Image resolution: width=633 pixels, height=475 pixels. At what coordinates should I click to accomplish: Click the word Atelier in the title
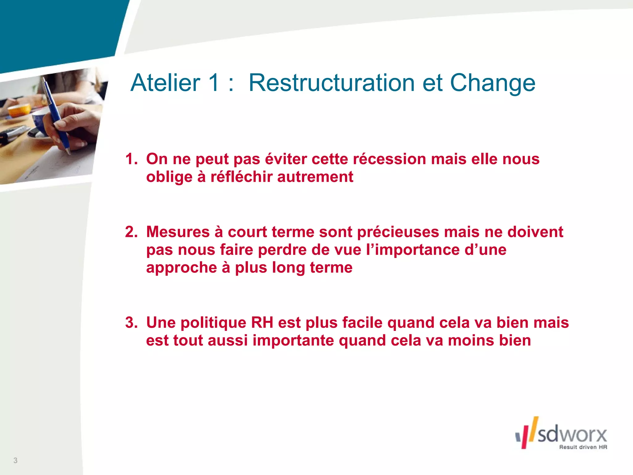165,83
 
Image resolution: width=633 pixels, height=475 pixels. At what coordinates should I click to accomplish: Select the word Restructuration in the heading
331,83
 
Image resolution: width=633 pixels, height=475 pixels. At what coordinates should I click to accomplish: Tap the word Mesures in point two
178,232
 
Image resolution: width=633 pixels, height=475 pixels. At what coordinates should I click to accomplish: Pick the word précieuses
398,232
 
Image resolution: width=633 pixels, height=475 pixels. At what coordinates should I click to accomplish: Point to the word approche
181,268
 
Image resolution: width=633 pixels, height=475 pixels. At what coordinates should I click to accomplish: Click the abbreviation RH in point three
262,323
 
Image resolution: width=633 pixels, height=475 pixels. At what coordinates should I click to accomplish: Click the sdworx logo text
572,434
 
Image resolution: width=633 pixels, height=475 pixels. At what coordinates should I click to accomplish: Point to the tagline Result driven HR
583,447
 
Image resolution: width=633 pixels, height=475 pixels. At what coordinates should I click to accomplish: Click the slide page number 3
15,460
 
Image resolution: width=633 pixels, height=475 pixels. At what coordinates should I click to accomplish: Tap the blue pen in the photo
56,114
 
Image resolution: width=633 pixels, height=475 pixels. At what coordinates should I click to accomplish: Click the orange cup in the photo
19,110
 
